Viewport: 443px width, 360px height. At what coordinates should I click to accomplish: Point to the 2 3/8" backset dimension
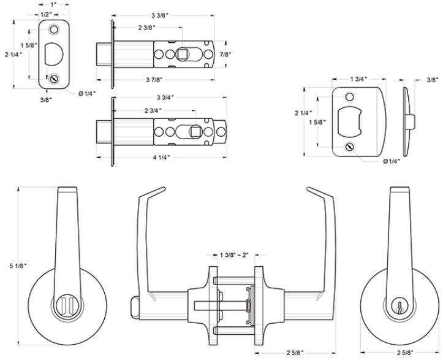pyautogui.click(x=150, y=28)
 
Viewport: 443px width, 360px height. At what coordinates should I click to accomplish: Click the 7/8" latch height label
pyautogui.click(x=235, y=54)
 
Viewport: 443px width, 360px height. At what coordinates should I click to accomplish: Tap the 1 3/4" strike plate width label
pyautogui.click(x=358, y=79)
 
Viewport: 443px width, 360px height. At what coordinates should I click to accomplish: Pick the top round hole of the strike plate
pyautogui.click(x=350, y=97)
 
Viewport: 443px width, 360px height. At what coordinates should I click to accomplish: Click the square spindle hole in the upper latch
pyautogui.click(x=182, y=54)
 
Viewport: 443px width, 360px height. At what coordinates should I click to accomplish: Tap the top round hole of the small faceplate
pyautogui.click(x=55, y=28)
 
